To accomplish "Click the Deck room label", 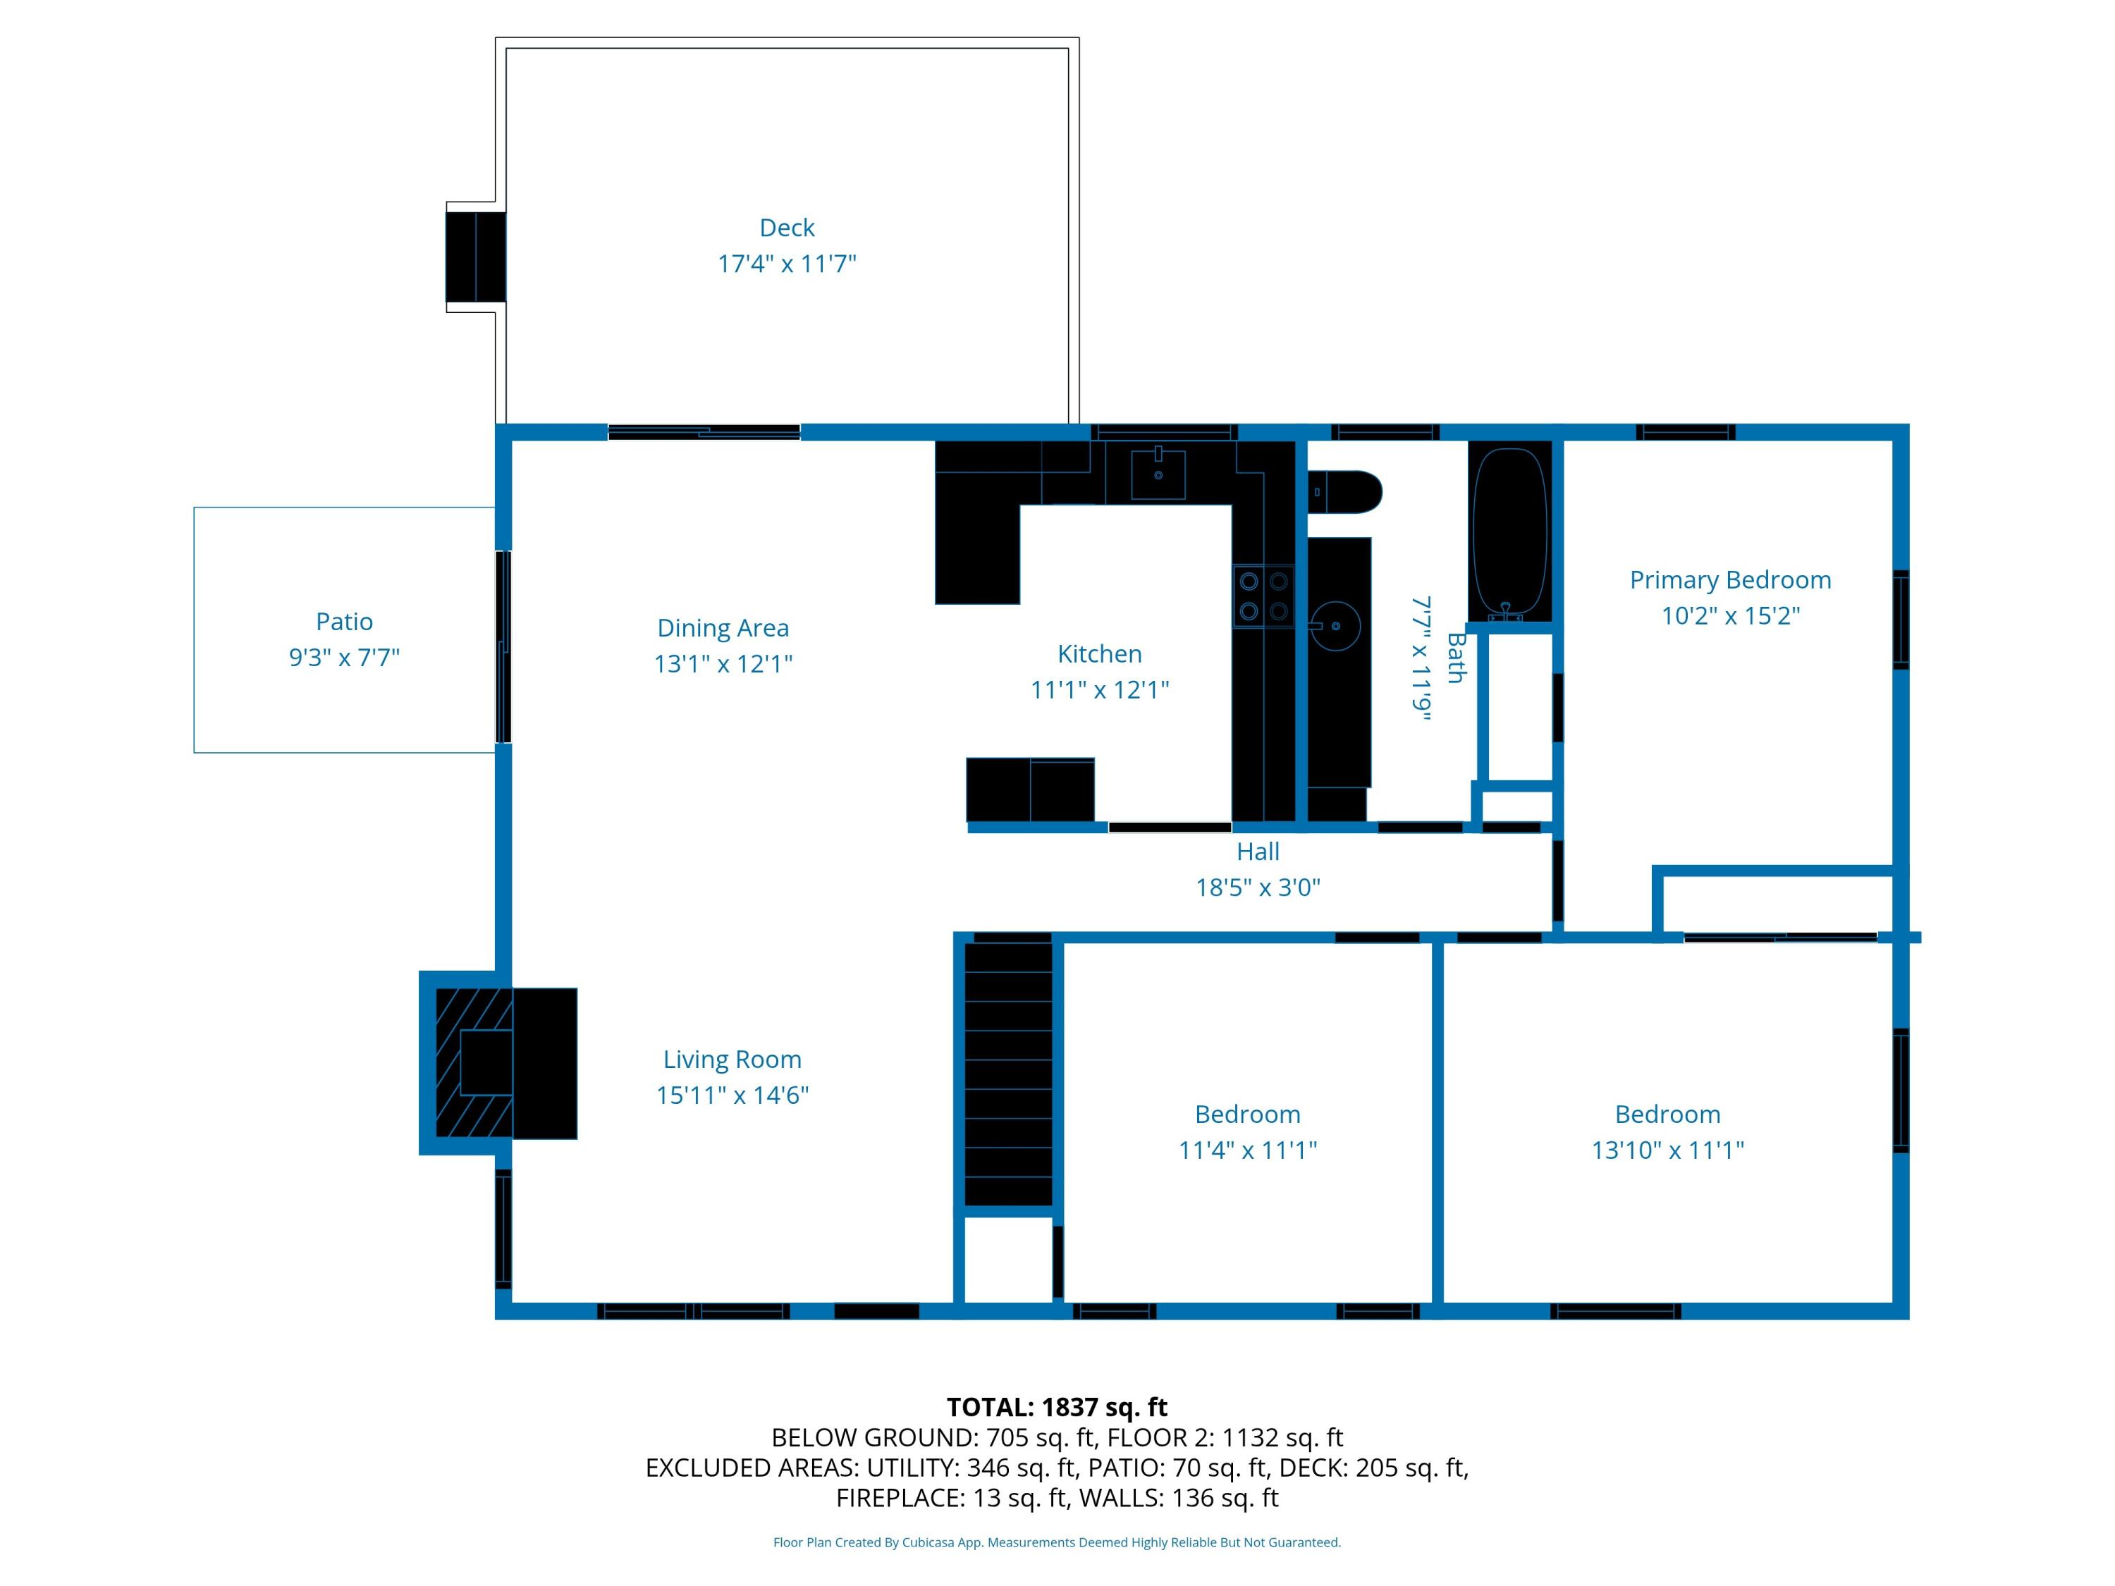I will pyautogui.click(x=787, y=228).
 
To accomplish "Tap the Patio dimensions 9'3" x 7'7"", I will pyautogui.click(x=344, y=658).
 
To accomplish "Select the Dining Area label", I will pyautogui.click(x=723, y=628).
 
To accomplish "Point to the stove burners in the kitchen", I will pyautogui.click(x=1263, y=596).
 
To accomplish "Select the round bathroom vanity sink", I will pyautogui.click(x=1335, y=626).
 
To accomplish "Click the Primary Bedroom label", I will pyautogui.click(x=1729, y=580).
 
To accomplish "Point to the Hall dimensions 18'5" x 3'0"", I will pyautogui.click(x=1257, y=888).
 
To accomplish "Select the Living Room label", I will pyautogui.click(x=732, y=1059).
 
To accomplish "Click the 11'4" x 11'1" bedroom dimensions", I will pyautogui.click(x=1247, y=1150).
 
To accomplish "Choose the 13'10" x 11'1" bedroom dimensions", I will pyautogui.click(x=1667, y=1150).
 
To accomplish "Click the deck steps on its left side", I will pyautogui.click(x=475, y=256).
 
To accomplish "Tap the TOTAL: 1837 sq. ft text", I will pyautogui.click(x=1057, y=1407).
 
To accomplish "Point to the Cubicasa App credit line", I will pyautogui.click(x=1057, y=1542).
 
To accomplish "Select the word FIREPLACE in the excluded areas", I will pyautogui.click(x=900, y=1498).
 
